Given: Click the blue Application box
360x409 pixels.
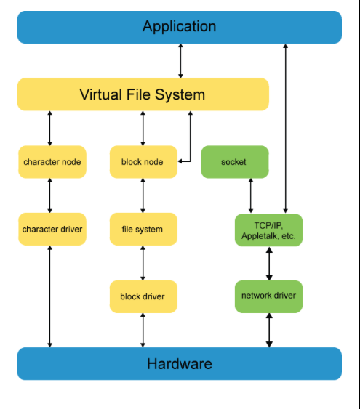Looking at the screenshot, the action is coord(180,27).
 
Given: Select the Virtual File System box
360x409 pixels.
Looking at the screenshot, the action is coord(143,94).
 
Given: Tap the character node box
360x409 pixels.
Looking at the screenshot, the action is coord(52,162).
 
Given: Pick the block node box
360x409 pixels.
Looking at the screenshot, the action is coord(143,162).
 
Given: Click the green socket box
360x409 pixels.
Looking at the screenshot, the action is coord(235,162).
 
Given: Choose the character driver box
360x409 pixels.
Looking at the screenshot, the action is coord(52,229).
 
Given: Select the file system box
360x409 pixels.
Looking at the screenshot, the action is coord(143,229).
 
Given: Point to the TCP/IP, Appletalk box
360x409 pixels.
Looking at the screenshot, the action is coord(268,230).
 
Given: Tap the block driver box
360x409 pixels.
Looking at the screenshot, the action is coord(143,296).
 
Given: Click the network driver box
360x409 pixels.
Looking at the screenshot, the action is coord(268,296).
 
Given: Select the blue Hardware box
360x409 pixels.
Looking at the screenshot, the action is coord(180,364).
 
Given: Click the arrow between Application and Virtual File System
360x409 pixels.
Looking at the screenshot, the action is coord(180,61).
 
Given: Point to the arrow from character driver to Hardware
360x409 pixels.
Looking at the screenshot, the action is coord(50,296).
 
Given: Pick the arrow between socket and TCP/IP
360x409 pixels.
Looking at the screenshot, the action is coord(251,195).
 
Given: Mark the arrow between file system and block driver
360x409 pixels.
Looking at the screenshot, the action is coord(143,263).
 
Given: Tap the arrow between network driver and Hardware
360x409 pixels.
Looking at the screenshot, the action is coord(269,330).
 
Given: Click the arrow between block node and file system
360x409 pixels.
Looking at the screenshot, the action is coord(143,195).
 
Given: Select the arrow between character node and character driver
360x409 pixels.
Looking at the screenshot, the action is coord(50,195).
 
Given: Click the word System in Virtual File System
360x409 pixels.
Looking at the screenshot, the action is coord(180,94).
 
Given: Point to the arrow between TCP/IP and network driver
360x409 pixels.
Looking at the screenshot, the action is coord(269,264).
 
